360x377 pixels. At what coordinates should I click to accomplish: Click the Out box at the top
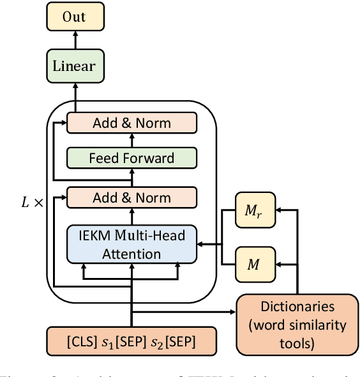coord(74,17)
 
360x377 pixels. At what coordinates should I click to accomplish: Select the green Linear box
coord(74,65)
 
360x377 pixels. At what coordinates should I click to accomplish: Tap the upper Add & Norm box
coord(131,122)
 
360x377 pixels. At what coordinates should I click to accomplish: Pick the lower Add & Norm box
coord(131,197)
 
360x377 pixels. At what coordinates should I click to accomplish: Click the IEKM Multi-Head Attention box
coord(131,244)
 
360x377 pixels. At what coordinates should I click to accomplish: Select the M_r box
coord(253,211)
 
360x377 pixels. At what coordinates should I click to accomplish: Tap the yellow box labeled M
coord(253,263)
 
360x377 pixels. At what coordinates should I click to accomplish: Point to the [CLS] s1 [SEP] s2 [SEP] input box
coord(131,343)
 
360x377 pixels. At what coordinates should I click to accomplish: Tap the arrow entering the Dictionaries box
coord(227,312)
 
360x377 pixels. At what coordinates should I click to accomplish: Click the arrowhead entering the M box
coord(279,263)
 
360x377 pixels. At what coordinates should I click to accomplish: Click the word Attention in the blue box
coord(131,254)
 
